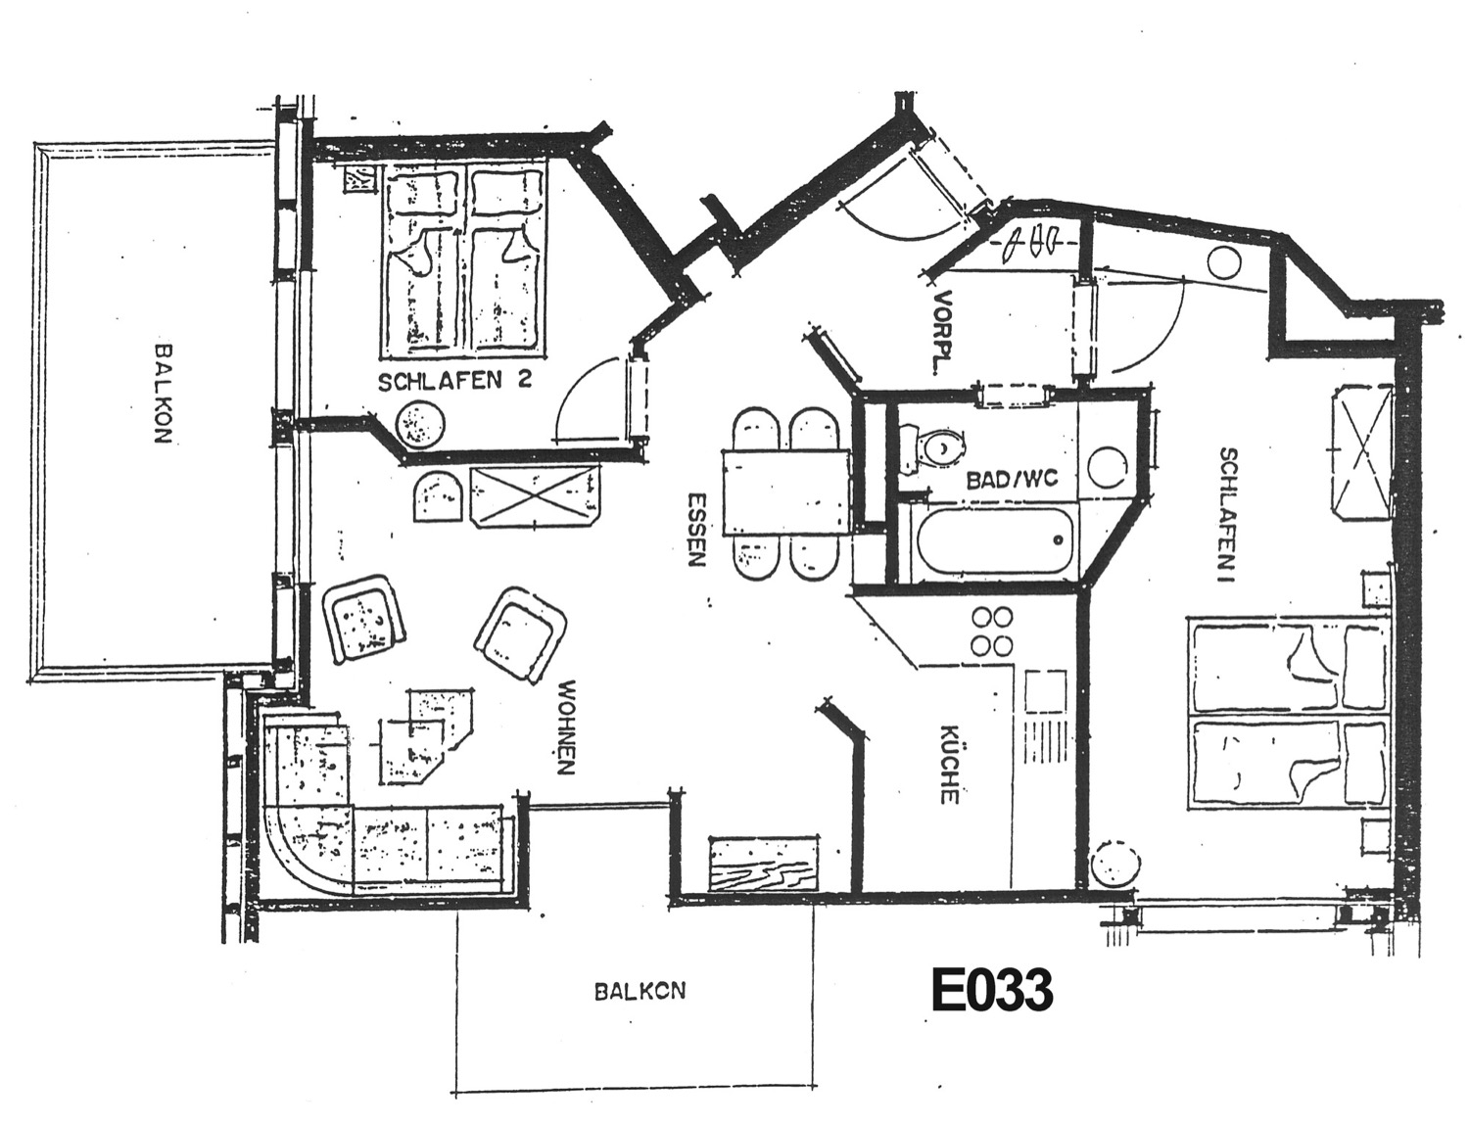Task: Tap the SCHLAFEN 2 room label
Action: pos(455,381)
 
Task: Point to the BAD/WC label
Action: pos(1013,479)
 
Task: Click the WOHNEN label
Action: pos(567,727)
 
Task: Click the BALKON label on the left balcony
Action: pos(163,394)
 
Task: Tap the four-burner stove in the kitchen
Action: pos(992,631)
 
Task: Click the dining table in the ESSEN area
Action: pos(785,492)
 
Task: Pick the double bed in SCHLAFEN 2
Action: pos(463,263)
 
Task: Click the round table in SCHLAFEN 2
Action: pos(419,424)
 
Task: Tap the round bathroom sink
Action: pos(1107,467)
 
